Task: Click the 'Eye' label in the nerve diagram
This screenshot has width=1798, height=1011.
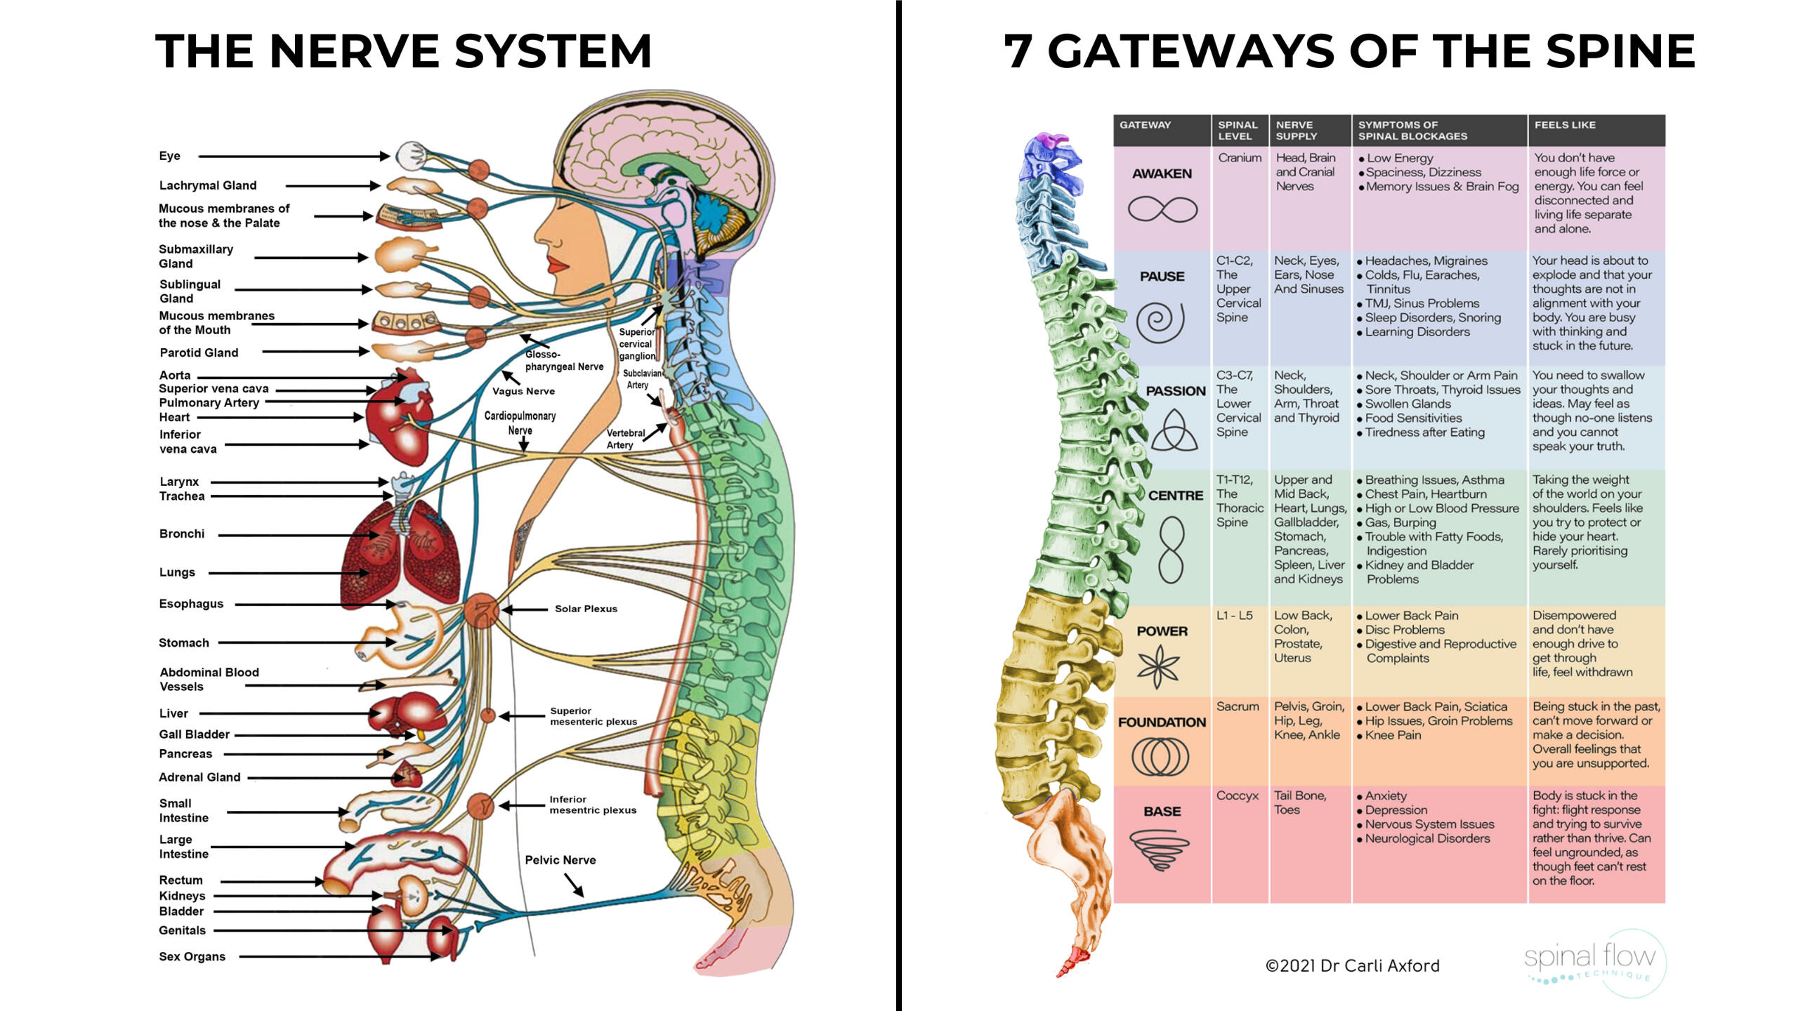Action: [169, 156]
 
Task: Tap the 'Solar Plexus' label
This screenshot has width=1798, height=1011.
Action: [586, 609]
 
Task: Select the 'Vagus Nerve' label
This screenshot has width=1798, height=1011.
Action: [523, 391]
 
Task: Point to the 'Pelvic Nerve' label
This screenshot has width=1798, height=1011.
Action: [560, 860]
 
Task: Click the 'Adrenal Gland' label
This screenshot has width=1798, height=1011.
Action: [199, 777]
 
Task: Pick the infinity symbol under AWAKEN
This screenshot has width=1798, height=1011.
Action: [1162, 209]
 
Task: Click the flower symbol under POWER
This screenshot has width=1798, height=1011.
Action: [1158, 666]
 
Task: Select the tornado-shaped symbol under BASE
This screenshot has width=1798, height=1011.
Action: [1160, 850]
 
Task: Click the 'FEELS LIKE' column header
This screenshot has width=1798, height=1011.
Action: [1565, 125]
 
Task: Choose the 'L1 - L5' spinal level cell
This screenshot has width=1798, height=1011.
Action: [1235, 616]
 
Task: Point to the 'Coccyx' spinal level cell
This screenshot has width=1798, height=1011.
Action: [1237, 795]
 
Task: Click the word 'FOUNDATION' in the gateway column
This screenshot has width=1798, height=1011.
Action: [1162, 722]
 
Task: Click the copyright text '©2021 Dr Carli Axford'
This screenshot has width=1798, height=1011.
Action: [1352, 966]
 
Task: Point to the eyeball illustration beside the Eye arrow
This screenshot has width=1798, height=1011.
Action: [409, 156]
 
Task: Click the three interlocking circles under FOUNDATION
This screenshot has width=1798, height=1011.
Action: [1160, 758]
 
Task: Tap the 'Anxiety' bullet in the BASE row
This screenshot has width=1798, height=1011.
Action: [1385, 795]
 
